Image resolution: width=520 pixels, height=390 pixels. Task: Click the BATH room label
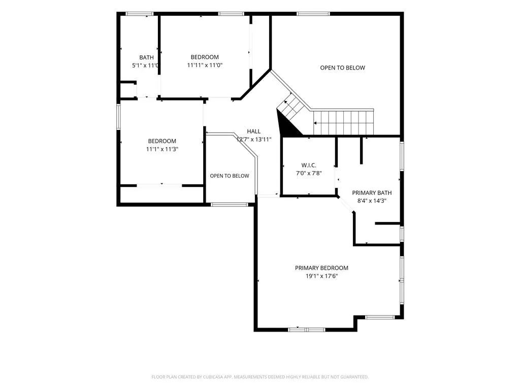click(x=146, y=57)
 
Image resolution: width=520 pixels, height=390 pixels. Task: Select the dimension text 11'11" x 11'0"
click(x=205, y=66)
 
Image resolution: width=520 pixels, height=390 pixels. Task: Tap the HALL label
click(x=254, y=132)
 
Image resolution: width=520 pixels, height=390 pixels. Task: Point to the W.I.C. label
click(x=309, y=165)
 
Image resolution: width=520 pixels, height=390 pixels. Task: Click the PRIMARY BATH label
click(x=372, y=192)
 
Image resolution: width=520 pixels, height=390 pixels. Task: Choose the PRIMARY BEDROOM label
click(x=321, y=268)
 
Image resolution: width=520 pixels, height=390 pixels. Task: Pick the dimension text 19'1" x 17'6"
click(x=321, y=276)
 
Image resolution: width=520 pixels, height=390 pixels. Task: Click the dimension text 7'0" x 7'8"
click(x=309, y=173)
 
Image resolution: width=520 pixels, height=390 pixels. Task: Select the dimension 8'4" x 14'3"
click(x=372, y=201)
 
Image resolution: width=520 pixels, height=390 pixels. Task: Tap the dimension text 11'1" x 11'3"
click(x=162, y=149)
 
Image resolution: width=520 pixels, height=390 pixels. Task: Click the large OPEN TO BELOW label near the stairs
click(x=343, y=68)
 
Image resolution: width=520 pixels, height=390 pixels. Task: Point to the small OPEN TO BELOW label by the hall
click(x=230, y=176)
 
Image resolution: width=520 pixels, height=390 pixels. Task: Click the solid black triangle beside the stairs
click(x=287, y=125)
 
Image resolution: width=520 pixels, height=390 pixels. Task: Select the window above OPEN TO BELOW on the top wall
click(x=313, y=14)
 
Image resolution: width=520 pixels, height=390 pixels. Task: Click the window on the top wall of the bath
click(x=139, y=14)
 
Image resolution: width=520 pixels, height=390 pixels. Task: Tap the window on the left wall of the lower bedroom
click(x=118, y=117)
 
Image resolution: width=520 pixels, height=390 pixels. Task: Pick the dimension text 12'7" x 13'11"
click(x=254, y=140)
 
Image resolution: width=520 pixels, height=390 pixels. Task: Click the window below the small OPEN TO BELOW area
click(x=230, y=205)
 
